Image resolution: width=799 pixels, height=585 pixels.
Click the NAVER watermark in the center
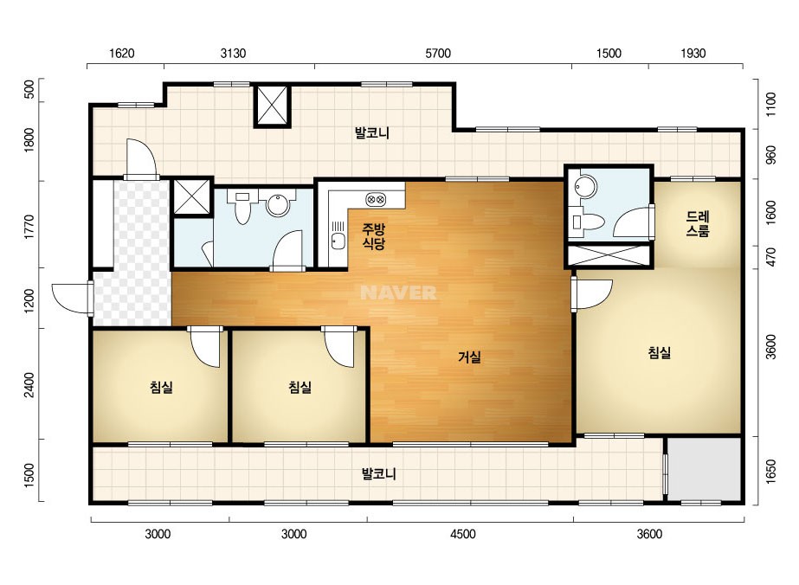tap(398, 292)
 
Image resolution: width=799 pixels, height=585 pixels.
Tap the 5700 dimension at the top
tap(438, 54)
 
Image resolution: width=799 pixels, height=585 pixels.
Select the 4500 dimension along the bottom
tap(462, 534)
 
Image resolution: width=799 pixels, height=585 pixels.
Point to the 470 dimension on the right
tap(770, 257)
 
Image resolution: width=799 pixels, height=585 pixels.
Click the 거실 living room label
tap(469, 357)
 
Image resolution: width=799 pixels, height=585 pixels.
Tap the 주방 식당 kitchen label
tap(373, 236)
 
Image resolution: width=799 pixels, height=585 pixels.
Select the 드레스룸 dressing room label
tap(698, 224)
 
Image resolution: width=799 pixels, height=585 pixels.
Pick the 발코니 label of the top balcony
tap(372, 133)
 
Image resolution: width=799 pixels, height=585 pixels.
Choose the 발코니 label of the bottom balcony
tap(378, 474)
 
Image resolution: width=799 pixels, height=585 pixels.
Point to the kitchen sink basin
tap(337, 241)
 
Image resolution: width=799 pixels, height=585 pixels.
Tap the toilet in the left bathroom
tap(242, 206)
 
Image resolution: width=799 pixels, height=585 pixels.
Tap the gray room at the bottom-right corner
tap(704, 469)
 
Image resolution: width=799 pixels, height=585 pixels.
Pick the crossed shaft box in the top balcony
tap(272, 106)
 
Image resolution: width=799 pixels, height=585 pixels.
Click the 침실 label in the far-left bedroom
tap(162, 388)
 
